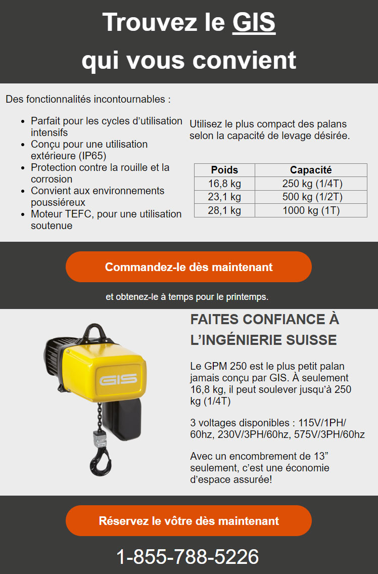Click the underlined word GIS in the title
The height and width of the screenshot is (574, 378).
pos(254,23)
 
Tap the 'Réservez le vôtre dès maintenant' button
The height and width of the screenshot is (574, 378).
pos(188,520)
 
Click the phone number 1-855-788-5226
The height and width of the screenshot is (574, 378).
pos(187,557)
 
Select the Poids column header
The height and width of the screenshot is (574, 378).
pos(224,170)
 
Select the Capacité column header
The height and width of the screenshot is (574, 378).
pos(311,170)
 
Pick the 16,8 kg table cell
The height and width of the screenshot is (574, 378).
pos(224,184)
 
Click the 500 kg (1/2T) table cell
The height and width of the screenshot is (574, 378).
pos(311,197)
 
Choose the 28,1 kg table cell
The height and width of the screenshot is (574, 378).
pos(224,210)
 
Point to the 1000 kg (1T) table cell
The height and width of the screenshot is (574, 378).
pos(311,210)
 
